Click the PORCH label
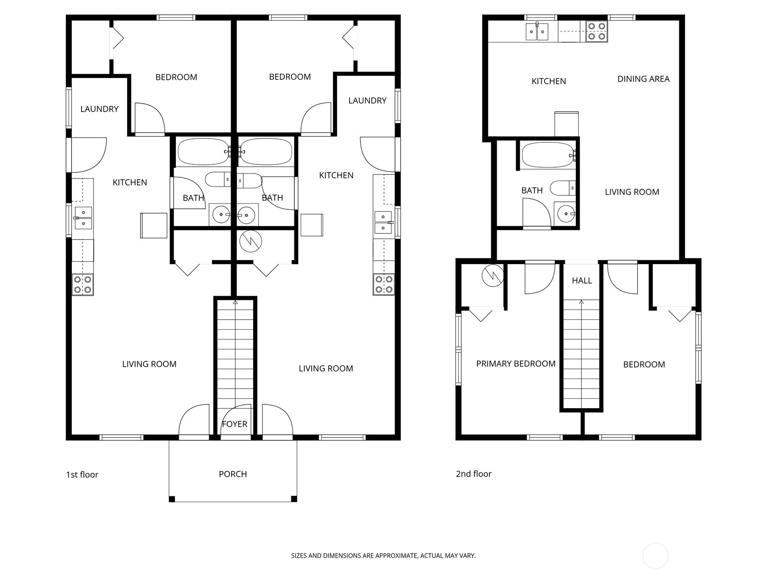[232, 474]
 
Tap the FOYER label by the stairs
[234, 424]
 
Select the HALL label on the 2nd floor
[581, 280]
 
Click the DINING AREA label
[643, 79]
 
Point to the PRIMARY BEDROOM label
[516, 364]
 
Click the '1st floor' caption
[82, 474]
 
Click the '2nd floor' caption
[474, 474]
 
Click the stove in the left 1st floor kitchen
[82, 285]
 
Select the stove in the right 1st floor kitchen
[384, 284]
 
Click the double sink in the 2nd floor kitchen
[537, 32]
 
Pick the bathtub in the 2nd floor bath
[547, 154]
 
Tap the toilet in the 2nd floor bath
[562, 187]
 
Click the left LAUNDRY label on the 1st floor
[99, 109]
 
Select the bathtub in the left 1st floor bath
[203, 151]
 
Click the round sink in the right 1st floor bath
[246, 215]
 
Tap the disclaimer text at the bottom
[383, 556]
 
